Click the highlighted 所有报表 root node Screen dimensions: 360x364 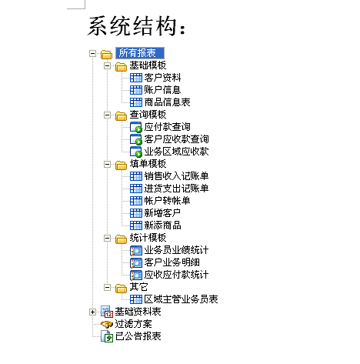pyautogui.click(x=140, y=53)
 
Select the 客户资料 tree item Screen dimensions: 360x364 pyautogui.click(x=162, y=78)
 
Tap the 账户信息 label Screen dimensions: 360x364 pyautogui.click(x=162, y=90)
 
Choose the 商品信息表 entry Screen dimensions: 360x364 pyautogui.click(x=167, y=102)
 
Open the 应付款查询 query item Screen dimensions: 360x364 pyautogui.click(x=167, y=127)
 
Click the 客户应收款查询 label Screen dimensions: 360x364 pyautogui.click(x=176, y=139)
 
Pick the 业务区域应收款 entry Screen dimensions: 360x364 pyautogui.click(x=176, y=152)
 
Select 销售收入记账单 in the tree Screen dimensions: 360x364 pyautogui.click(x=176, y=176)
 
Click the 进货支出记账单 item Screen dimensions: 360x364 pyautogui.click(x=176, y=189)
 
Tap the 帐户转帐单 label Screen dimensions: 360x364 pyautogui.click(x=167, y=201)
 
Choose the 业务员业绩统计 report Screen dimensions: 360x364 pyautogui.click(x=176, y=250)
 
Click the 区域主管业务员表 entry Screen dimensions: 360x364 pyautogui.click(x=181, y=299)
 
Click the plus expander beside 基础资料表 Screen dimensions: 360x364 pyautogui.click(x=92, y=312)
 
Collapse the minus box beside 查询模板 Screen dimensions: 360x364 pyautogui.click(x=107, y=115)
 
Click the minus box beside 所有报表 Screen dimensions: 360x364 pyautogui.click(x=92, y=54)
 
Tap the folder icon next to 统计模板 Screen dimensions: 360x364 pyautogui.click(x=121, y=239)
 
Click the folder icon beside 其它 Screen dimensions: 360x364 pyautogui.click(x=121, y=288)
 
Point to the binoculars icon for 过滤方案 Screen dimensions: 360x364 pyautogui.click(x=107, y=324)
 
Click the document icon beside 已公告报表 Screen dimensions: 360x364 pyautogui.click(x=107, y=336)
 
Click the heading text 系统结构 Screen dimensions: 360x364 pyautogui.click(x=136, y=26)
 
